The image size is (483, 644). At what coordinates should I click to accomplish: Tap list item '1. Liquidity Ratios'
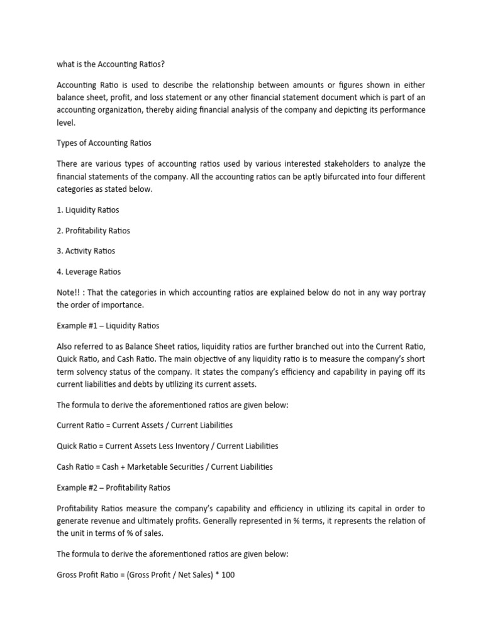[x=87, y=209]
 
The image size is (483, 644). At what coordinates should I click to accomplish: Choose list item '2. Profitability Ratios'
[x=93, y=230]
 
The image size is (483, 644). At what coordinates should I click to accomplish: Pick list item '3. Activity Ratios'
[x=86, y=251]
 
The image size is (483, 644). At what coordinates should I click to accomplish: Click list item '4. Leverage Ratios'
[x=88, y=272]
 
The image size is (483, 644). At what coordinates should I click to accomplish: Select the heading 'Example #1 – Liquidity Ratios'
[x=108, y=326]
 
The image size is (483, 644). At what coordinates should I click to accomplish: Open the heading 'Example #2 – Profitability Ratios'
[x=113, y=487]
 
